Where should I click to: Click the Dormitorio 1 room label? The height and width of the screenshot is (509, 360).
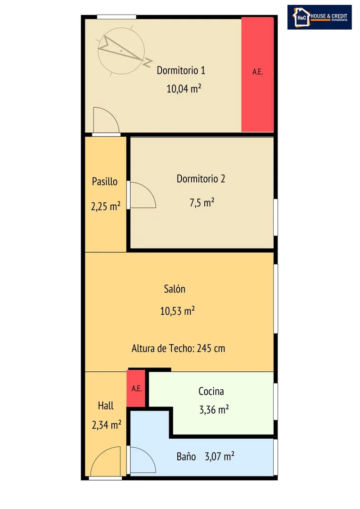pos(181,70)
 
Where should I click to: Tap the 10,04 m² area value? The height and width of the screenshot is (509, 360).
pos(184,88)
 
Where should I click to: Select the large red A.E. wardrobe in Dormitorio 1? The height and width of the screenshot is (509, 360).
pos(258,75)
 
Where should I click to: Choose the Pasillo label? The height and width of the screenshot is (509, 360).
pos(105,181)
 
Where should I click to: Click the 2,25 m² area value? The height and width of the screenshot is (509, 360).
pos(106,206)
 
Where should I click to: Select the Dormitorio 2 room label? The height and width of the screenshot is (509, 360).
pos(201,178)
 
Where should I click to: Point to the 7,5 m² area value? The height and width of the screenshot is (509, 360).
pos(201,202)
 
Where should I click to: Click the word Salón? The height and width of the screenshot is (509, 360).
pos(174,289)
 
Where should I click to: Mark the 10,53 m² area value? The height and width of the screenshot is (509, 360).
pos(177,311)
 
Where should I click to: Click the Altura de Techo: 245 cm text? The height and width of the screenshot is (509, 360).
pos(178,348)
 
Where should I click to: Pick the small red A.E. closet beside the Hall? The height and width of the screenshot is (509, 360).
pos(136,389)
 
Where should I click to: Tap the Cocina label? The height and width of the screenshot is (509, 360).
pos(211,391)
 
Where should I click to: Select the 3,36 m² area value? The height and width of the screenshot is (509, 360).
pos(214,409)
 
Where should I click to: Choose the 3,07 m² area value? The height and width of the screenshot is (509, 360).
pos(219,457)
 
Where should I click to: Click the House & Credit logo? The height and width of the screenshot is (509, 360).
pos(319,17)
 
